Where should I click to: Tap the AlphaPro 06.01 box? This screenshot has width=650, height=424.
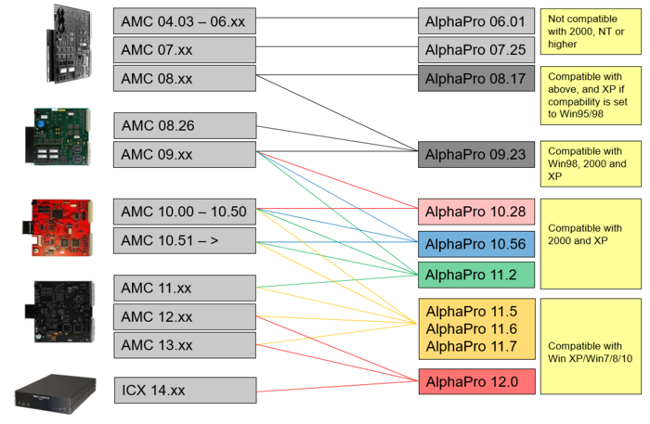point(476,21)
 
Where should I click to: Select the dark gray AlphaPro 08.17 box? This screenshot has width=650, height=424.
point(476,79)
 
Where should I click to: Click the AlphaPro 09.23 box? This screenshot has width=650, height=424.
point(476,154)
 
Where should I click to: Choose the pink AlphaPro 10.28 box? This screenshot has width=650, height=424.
point(476,212)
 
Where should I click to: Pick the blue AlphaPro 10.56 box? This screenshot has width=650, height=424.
point(476,244)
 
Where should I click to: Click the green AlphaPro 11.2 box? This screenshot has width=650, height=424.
point(476,275)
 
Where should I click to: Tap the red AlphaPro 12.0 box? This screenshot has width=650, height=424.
point(476,380)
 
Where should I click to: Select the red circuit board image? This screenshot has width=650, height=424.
point(52,226)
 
